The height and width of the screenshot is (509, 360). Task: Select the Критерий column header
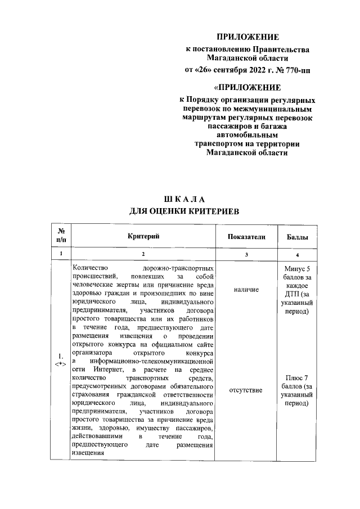[143, 237]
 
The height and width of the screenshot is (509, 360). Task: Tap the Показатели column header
[246, 237]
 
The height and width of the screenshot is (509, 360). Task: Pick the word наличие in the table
[246, 289]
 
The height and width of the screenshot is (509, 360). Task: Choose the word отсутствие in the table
[246, 390]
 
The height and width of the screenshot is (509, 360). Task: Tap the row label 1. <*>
[60, 360]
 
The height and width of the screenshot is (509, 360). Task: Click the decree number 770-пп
[296, 70]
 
